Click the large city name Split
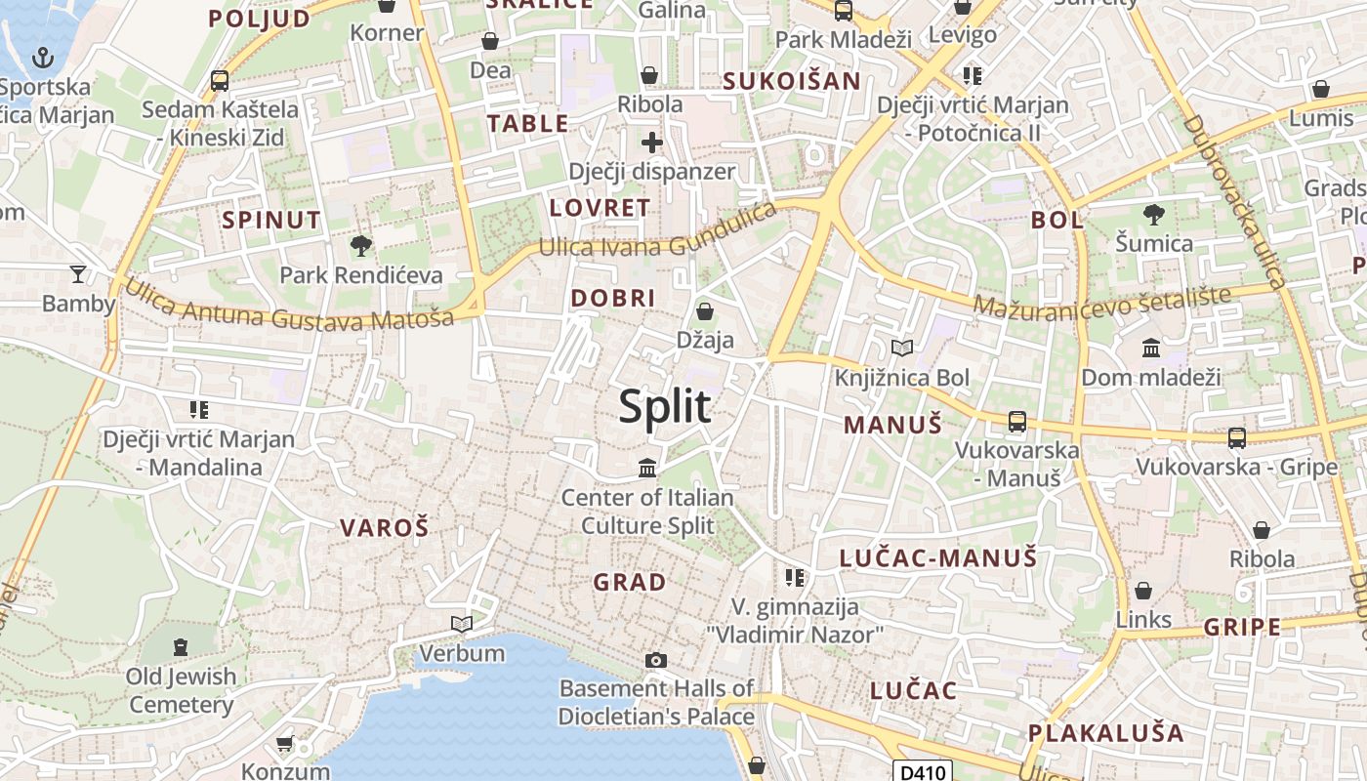tap(665, 406)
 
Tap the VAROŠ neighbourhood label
tap(384, 528)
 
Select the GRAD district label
tap(630, 583)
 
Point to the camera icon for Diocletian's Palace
tap(656, 661)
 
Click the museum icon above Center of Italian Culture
tap(647, 469)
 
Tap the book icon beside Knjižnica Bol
tap(902, 349)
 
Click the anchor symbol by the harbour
tap(42, 59)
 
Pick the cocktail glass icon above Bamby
tap(78, 274)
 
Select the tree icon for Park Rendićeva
tap(361, 245)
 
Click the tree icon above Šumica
tap(1153, 214)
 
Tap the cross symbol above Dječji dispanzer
tap(651, 144)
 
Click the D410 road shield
tap(923, 772)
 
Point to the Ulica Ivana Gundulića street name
tap(657, 234)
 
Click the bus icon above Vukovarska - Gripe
tap(1237, 437)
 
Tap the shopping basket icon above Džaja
tap(704, 311)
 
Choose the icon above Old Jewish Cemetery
tap(181, 646)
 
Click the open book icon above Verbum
tap(462, 624)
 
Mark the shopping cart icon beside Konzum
tap(284, 744)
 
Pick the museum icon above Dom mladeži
tap(1151, 348)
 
